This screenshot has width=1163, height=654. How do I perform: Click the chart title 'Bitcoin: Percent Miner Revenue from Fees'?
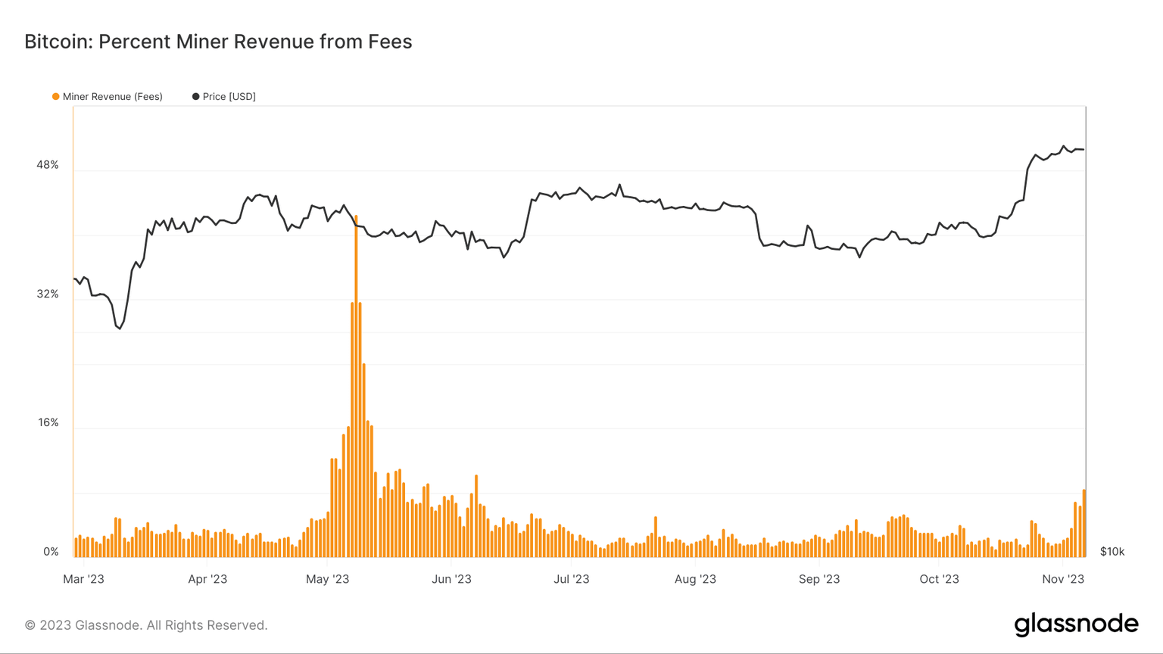tap(218, 42)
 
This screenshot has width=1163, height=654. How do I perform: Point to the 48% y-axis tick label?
tap(47, 165)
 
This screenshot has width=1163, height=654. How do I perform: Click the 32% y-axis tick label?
tap(47, 294)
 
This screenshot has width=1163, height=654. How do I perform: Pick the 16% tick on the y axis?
tap(48, 422)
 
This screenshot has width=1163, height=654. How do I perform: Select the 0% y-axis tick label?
tap(51, 552)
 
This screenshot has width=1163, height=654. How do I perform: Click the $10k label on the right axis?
tap(1112, 552)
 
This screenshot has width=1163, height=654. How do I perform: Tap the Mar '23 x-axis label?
tap(83, 579)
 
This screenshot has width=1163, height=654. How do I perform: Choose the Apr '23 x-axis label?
tap(207, 579)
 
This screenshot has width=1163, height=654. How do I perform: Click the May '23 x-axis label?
tap(327, 579)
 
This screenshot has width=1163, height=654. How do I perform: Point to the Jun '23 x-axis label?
tap(451, 579)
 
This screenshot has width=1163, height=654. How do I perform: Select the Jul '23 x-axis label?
tap(571, 579)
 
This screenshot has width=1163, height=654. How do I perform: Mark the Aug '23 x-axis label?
tap(695, 579)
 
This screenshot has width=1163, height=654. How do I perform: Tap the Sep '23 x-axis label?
tap(819, 579)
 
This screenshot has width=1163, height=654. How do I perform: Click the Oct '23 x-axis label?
tap(939, 579)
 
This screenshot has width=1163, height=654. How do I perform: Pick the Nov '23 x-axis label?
tap(1063, 579)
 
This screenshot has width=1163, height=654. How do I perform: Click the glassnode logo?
tap(1076, 624)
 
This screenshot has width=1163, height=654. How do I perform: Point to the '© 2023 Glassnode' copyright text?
tap(146, 625)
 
